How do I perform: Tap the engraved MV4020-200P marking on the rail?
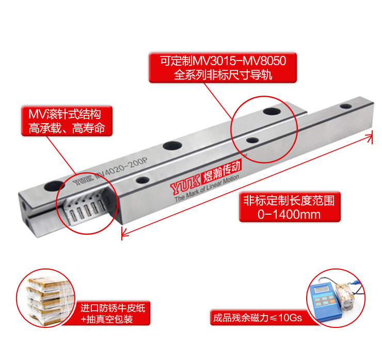pyautogui.click(x=121, y=169)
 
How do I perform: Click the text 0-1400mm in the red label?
pyautogui.click(x=289, y=215)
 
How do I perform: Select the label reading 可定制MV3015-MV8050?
pyautogui.click(x=222, y=61)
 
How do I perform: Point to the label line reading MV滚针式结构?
pyautogui.click(x=65, y=114)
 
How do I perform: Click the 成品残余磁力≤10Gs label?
pyautogui.click(x=258, y=318)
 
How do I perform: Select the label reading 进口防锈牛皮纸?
pyautogui.click(x=113, y=308)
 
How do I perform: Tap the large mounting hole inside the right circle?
pyautogui.click(x=272, y=111)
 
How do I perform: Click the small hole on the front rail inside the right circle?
pyautogui.click(x=252, y=140)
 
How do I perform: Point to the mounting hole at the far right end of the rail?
pyautogui.click(x=346, y=106)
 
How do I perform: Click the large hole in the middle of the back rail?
pyautogui.click(x=172, y=146)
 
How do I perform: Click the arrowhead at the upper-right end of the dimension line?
pyautogui.click(x=370, y=136)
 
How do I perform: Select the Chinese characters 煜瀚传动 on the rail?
pyautogui.click(x=221, y=171)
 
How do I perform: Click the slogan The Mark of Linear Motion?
pyautogui.click(x=206, y=188)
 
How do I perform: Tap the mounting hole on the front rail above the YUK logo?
pyautogui.click(x=143, y=181)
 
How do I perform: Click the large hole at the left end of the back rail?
pyautogui.click(x=54, y=186)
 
